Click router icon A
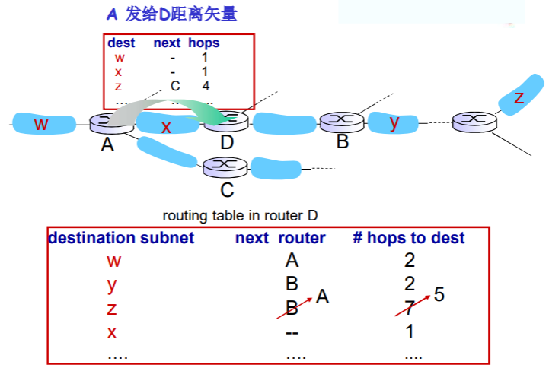click(x=105, y=122)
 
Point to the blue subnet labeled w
click(x=43, y=123)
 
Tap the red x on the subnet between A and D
click(x=166, y=127)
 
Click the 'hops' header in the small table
click(x=203, y=43)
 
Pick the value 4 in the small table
click(x=206, y=86)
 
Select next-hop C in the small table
click(x=174, y=86)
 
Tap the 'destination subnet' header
click(x=122, y=238)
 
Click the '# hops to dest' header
click(x=409, y=238)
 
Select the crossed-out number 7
click(x=410, y=309)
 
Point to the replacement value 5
click(x=439, y=295)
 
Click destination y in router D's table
click(x=113, y=285)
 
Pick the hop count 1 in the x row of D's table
click(x=410, y=332)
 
